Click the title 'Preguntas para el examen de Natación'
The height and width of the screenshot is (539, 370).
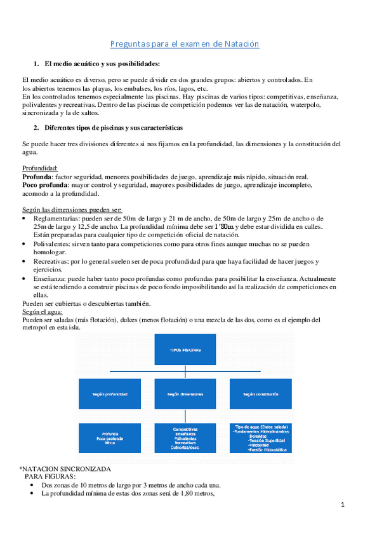click(x=185, y=44)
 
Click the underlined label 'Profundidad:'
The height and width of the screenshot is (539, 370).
click(x=40, y=168)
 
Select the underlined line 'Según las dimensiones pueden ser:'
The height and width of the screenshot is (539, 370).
click(x=72, y=210)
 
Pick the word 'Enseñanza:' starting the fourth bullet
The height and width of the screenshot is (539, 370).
click(x=52, y=278)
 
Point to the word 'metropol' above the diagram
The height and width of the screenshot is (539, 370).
click(x=37, y=328)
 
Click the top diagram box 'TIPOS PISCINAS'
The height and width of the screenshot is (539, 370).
click(x=185, y=350)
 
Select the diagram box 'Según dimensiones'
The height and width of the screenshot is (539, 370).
click(x=185, y=394)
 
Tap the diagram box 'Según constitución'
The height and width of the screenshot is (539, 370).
click(x=261, y=394)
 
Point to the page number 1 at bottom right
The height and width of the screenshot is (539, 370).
click(x=342, y=505)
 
